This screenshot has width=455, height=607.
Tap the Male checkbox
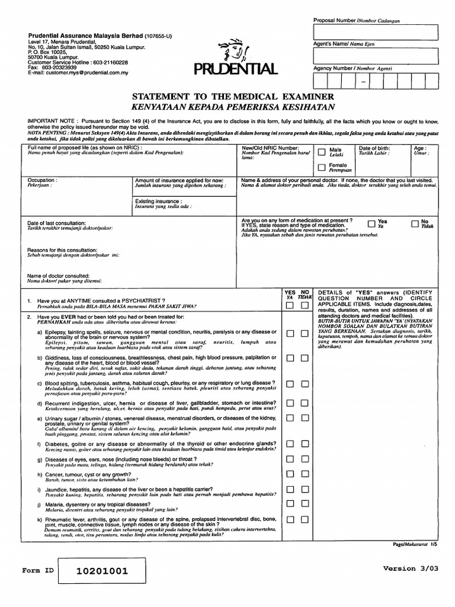[322, 151]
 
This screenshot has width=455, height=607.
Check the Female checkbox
[322, 167]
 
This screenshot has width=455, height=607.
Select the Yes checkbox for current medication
[371, 223]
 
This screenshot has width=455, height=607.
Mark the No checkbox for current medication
[414, 223]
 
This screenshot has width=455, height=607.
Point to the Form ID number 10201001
[101, 571]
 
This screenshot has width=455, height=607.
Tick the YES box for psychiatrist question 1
[290, 306]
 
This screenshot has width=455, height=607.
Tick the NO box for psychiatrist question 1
[304, 306]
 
